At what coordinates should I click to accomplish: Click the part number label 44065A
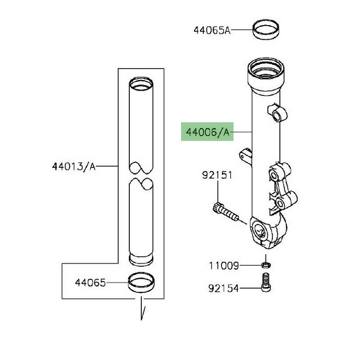[211, 30]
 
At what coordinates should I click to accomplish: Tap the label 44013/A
[74, 166]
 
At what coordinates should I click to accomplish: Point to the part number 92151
[217, 176]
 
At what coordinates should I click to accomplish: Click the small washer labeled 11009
[265, 266]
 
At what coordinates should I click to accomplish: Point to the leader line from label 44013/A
[108, 166]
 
